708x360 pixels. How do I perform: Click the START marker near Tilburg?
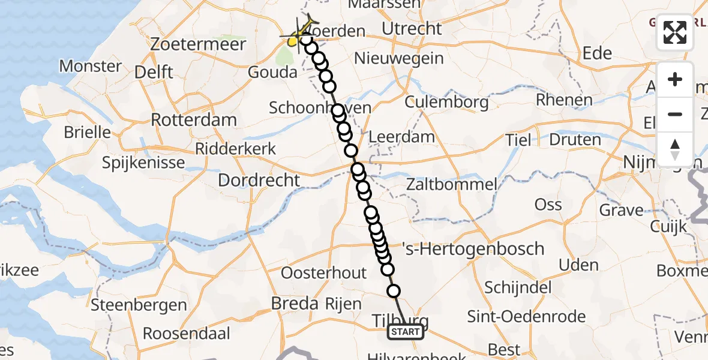click(x=406, y=332)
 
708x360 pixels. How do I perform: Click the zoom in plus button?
click(x=675, y=79)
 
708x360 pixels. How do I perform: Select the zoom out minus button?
click(x=675, y=114)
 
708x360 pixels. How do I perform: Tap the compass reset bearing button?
click(x=675, y=149)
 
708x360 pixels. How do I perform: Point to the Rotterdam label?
click(x=193, y=119)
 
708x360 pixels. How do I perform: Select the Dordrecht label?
click(x=259, y=179)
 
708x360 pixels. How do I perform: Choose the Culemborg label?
click(x=446, y=102)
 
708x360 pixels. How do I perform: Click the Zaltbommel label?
click(x=451, y=184)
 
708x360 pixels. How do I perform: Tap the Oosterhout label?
click(x=323, y=272)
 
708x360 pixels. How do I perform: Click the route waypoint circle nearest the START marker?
click(x=394, y=292)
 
